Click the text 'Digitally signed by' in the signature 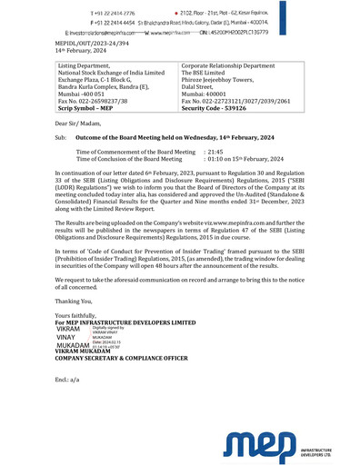click(108, 327)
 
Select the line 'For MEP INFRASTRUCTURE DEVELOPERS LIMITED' click(125, 322)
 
